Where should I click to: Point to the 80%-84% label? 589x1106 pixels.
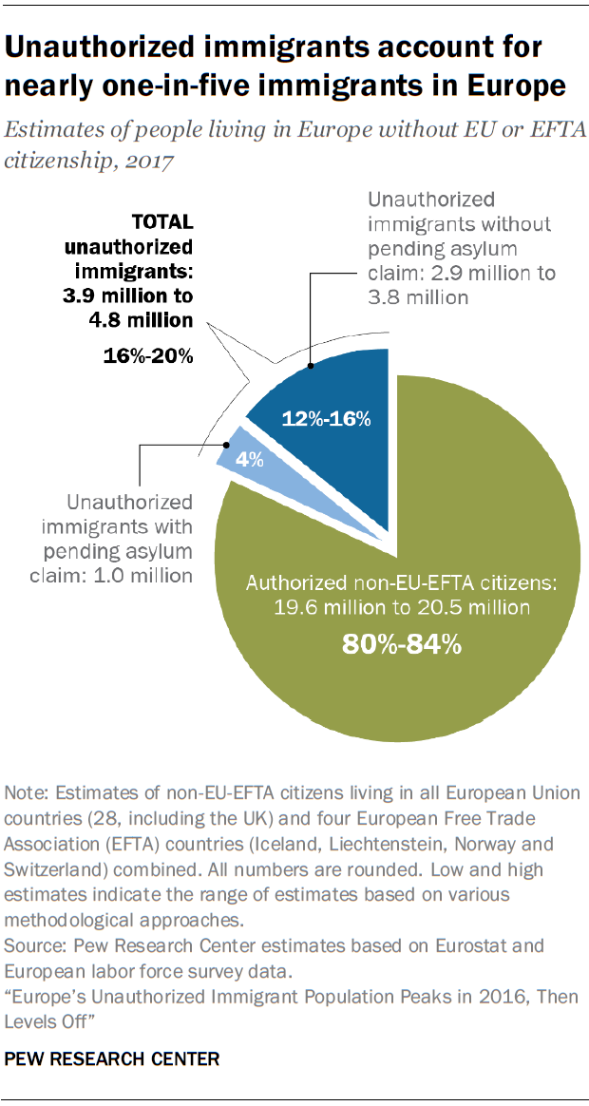coord(402,644)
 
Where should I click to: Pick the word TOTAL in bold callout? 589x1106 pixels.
coord(162,222)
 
